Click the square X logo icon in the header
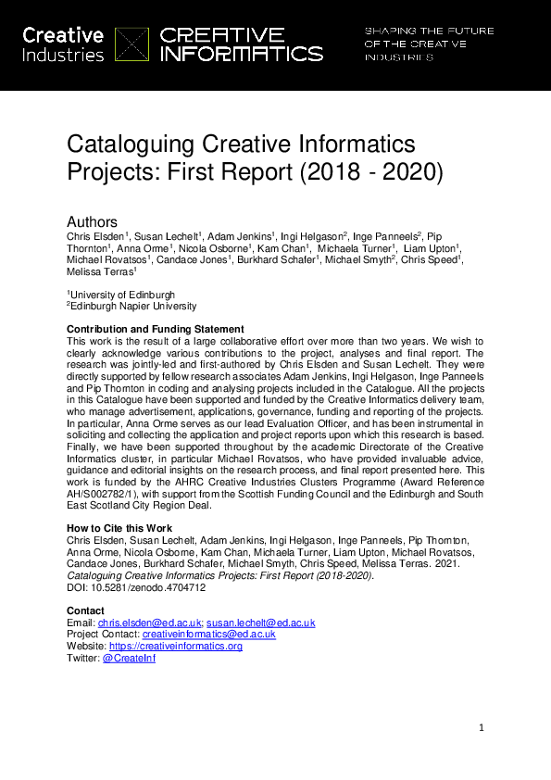131,44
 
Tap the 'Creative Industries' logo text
62,44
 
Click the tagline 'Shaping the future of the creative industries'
428,44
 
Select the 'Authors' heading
92,222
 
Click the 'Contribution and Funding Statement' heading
156,330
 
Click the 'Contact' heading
85,610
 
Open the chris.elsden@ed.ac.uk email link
149,623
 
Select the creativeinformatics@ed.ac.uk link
215,635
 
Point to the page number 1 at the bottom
482,728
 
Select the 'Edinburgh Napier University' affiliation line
132,307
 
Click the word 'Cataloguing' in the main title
131,145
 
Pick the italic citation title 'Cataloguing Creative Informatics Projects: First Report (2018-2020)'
220,576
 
